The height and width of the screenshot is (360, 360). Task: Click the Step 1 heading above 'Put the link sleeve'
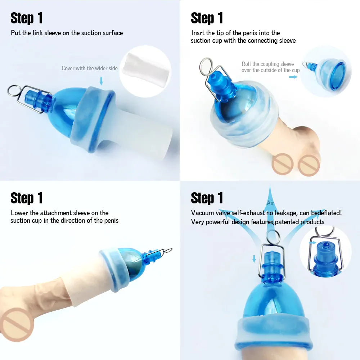pos(27,18)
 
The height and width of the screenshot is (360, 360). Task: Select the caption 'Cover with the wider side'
pos(90,68)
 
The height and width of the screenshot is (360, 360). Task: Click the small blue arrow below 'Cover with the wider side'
pos(101,81)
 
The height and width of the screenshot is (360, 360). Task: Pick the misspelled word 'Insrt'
pos(198,33)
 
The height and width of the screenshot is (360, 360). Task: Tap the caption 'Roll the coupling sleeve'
pos(267,64)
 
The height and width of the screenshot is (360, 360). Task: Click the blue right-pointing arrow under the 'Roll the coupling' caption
pos(293,77)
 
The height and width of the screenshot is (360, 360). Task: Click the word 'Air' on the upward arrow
pos(270,203)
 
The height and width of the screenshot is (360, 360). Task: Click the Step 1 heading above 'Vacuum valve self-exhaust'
pos(207,198)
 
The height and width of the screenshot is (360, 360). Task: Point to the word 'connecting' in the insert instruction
pos(252,41)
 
